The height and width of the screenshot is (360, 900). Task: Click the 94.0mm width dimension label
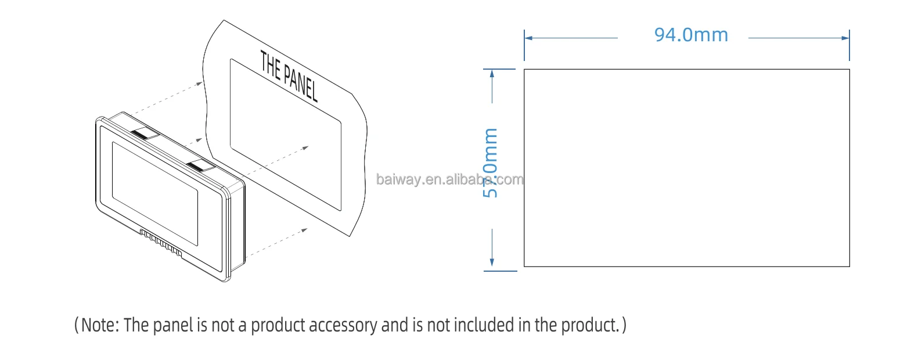pyautogui.click(x=691, y=35)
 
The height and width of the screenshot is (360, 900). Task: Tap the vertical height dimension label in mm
pyautogui.click(x=491, y=163)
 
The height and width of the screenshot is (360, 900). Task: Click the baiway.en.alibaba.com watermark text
pyautogui.click(x=450, y=179)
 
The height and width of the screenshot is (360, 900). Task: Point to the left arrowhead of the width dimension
pyautogui.click(x=528, y=38)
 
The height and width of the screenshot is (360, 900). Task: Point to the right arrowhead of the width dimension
pyautogui.click(x=845, y=38)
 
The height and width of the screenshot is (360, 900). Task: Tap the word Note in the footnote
pyautogui.click(x=98, y=325)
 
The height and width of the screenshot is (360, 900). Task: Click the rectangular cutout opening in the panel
pyautogui.click(x=285, y=134)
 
